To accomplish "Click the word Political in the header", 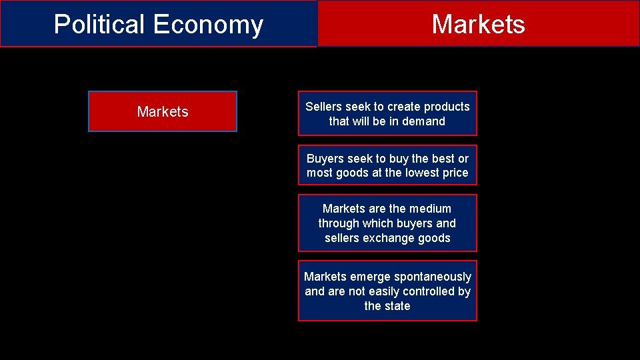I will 100,25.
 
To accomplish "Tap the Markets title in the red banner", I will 478,24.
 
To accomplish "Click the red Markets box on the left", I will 163,111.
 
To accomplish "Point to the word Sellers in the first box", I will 323,107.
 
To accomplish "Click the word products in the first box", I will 447,107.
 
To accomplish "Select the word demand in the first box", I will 423,121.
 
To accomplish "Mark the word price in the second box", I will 456,173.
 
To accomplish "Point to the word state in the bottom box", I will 397,306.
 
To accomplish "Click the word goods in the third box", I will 435,238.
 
